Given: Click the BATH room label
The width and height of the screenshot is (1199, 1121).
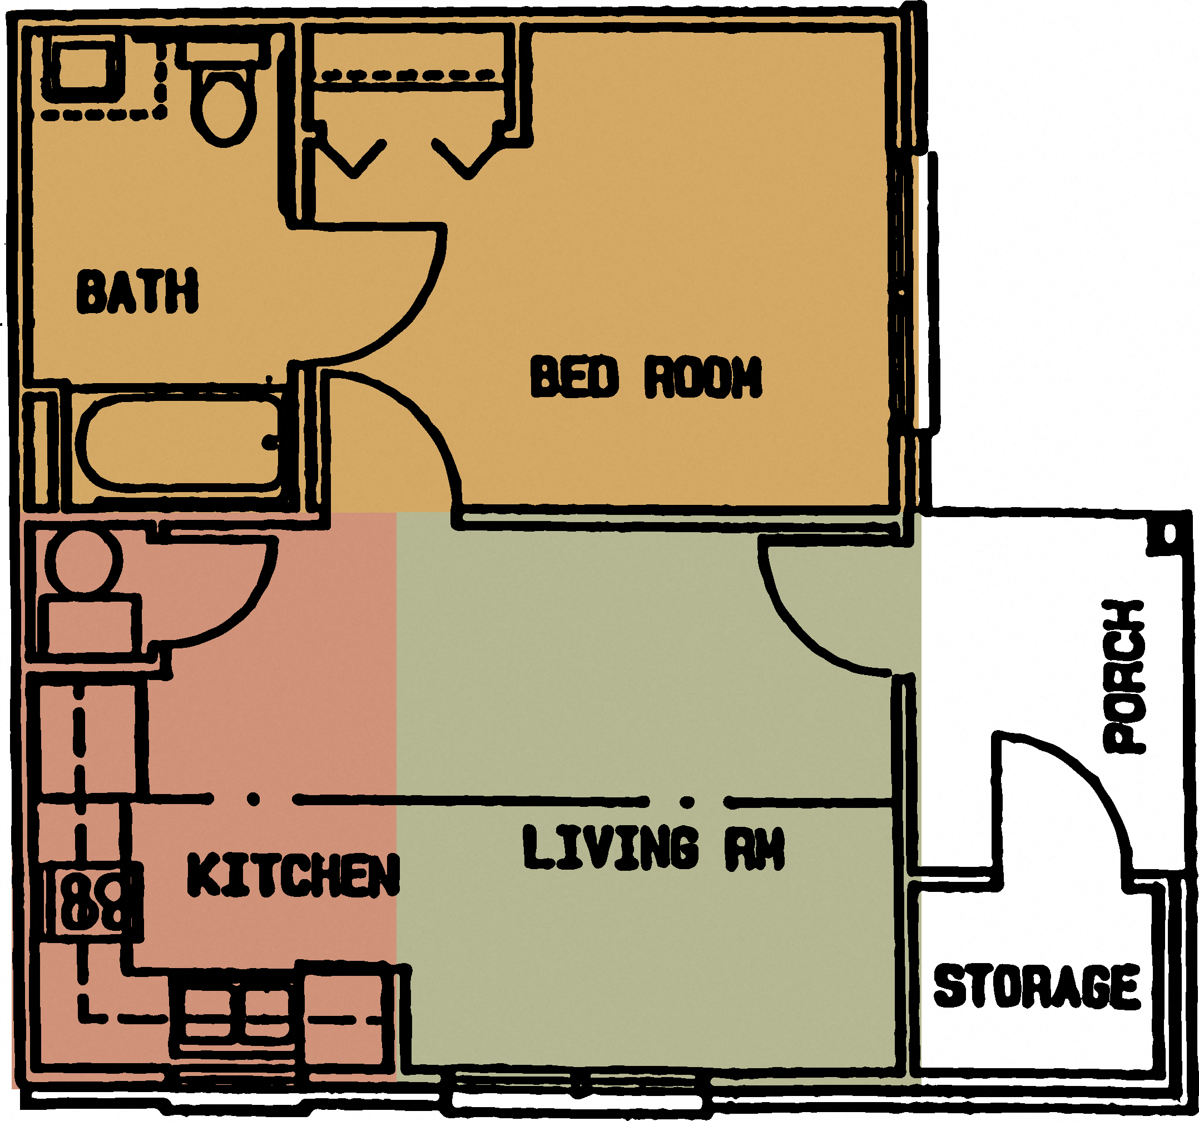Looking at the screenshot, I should pyautogui.click(x=137, y=291).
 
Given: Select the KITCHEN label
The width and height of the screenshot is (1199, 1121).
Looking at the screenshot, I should pyautogui.click(x=293, y=876).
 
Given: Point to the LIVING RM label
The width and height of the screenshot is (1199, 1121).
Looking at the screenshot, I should pyautogui.click(x=653, y=849).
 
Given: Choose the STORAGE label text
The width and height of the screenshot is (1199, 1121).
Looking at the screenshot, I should pyautogui.click(x=1037, y=986).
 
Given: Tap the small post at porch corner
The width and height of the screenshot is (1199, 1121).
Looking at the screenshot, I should pyautogui.click(x=1170, y=534).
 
